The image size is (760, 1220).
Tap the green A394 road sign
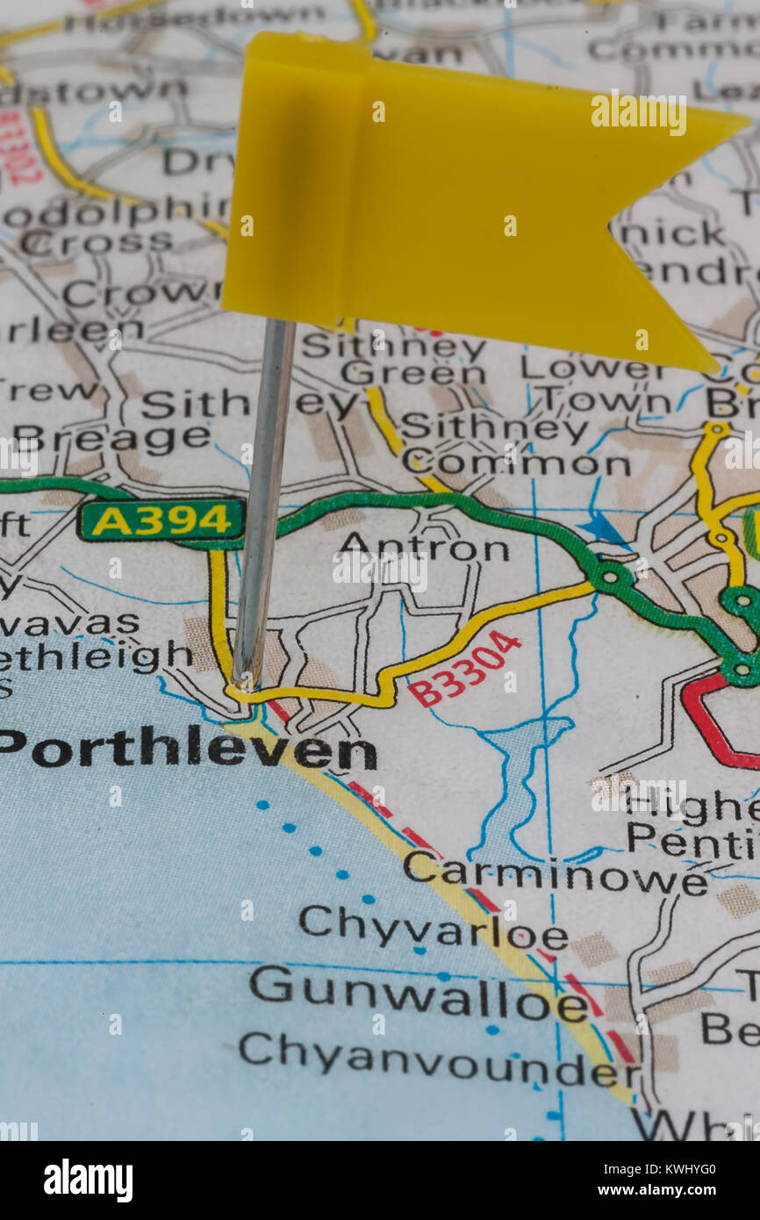pyautogui.click(x=161, y=520)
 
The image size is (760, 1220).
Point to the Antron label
pyautogui.click(x=424, y=549)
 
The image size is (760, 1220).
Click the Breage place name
pyautogui.click(x=111, y=437)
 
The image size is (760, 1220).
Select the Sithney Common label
pyautogui.click(x=516, y=446)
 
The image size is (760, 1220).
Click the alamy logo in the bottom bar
pyautogui.click(x=88, y=1181)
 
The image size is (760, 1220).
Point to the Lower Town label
pyautogui.click(x=606, y=384)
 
